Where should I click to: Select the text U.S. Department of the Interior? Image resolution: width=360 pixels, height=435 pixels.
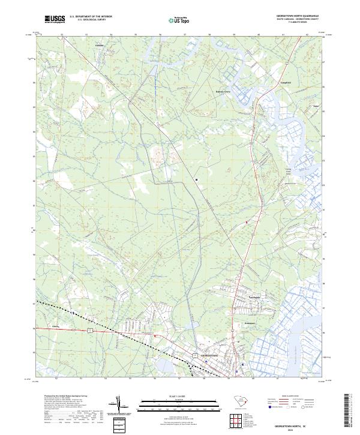(91, 16)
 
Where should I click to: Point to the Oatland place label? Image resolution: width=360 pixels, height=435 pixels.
(100, 46)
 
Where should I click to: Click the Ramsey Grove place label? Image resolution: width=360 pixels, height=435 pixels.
(223, 92)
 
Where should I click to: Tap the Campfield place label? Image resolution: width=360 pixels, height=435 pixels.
(286, 82)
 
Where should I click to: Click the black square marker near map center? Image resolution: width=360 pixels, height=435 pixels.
(196, 179)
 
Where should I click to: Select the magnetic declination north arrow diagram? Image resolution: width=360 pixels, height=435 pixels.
(124, 409)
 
